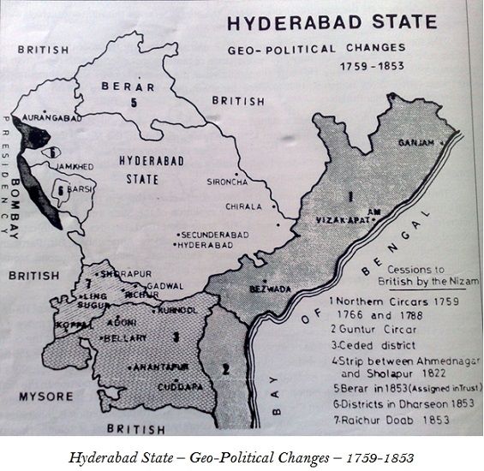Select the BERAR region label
coord(128,86)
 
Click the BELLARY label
coord(127,338)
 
